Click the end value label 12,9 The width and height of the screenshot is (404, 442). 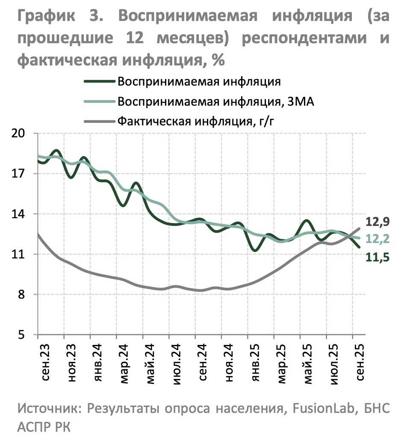tap(377, 222)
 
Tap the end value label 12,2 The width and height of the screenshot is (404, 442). tap(377, 239)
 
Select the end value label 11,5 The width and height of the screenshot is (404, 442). tap(377, 257)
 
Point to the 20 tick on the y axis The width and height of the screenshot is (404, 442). tap(20, 133)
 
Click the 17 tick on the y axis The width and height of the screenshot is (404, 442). tap(20, 174)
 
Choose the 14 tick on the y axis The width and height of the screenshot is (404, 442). tap(20, 214)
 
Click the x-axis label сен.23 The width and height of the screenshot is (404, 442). tap(45, 359)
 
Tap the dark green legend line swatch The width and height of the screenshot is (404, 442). tap(100, 82)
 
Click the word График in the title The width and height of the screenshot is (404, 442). tap(47, 16)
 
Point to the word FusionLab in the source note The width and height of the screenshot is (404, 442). tap(325, 408)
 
